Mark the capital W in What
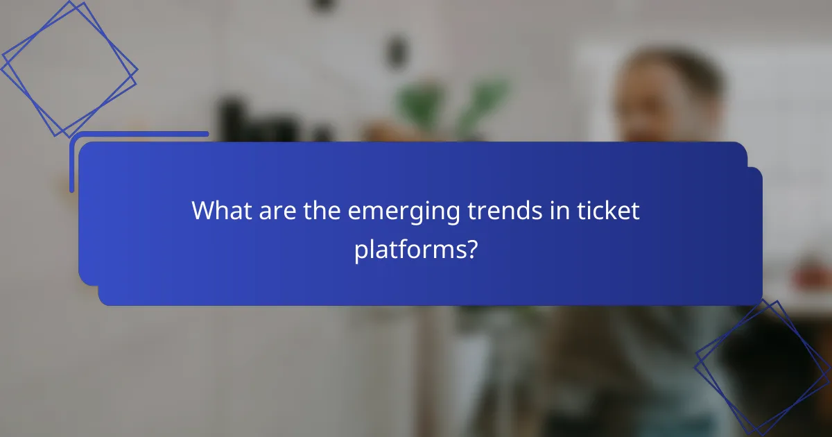tap(204, 211)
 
